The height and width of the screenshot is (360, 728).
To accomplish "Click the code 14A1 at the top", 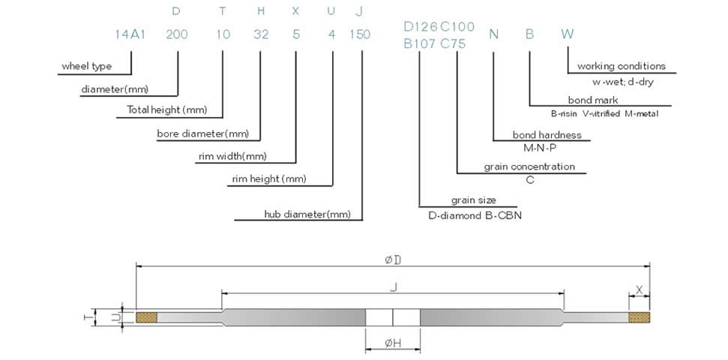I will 129,34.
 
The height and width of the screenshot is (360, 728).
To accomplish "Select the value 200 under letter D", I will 176,34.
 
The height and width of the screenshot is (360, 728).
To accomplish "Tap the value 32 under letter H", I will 261,34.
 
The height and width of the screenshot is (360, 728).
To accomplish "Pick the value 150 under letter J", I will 361,34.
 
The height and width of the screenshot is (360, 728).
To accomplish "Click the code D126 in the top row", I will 418,27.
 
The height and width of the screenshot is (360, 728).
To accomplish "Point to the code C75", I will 453,43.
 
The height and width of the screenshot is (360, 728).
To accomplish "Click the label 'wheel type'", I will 86,67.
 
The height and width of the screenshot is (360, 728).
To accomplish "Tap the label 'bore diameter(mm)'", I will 202,134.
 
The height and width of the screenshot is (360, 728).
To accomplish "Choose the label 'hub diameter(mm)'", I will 307,214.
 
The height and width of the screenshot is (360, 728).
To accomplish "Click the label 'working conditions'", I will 622,67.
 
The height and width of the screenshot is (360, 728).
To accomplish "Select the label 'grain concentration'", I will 529,166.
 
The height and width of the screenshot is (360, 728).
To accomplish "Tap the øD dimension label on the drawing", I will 393,259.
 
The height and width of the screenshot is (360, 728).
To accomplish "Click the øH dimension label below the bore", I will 393,343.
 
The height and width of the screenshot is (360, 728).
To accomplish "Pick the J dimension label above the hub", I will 393,285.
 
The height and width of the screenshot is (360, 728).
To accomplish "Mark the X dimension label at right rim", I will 639,289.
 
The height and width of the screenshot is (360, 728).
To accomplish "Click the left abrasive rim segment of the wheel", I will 147,318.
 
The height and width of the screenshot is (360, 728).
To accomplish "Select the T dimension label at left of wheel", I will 88,317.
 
